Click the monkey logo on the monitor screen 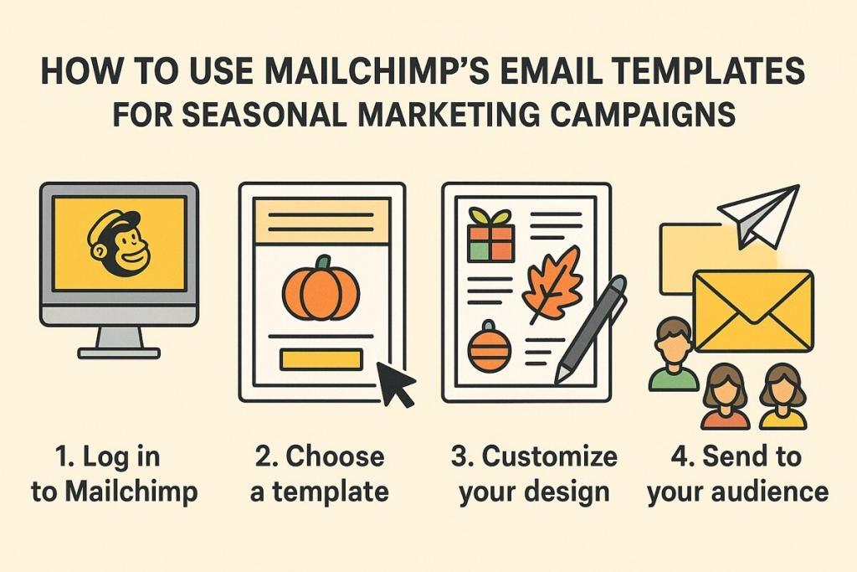[x=118, y=243]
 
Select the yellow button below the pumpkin [x=321, y=359]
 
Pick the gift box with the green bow [x=491, y=235]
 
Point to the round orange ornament [x=490, y=347]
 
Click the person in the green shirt [x=674, y=355]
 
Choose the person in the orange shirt [x=725, y=398]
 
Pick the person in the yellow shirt [x=783, y=398]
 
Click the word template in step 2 [x=331, y=492]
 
